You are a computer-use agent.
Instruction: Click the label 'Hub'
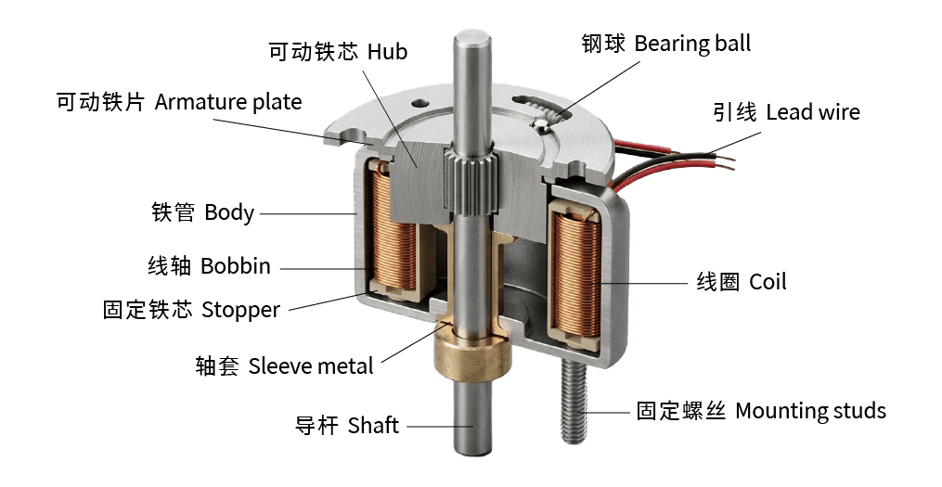click(388, 52)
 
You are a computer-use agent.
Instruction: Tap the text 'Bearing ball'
click(692, 44)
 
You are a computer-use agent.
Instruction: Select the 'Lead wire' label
click(813, 112)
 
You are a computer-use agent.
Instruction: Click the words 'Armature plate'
click(228, 102)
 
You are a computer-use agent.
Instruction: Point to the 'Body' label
click(229, 213)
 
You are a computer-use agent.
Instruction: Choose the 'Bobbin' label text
click(236, 266)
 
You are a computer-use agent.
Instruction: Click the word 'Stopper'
click(240, 311)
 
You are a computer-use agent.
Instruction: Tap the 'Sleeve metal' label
click(311, 366)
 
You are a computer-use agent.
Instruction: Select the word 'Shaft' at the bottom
click(373, 425)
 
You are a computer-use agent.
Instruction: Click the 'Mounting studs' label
click(810, 411)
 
